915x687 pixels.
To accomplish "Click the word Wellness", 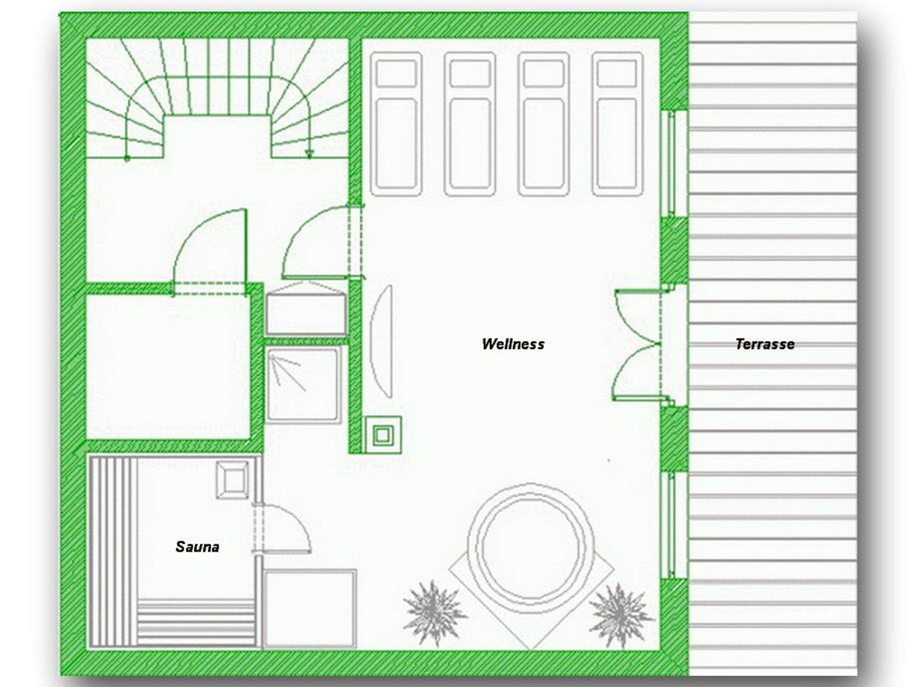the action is pos(513,344).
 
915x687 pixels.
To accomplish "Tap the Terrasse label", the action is pos(765,344).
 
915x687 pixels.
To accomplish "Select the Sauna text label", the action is pos(197,547).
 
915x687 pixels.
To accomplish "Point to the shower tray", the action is pos(304,385).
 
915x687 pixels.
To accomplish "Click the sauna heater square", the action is pos(232,480).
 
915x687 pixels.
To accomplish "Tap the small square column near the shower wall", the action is pos(383,435).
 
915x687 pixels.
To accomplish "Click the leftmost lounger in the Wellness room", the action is pos(396,124).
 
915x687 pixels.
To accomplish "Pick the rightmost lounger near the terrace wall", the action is pos(618,124).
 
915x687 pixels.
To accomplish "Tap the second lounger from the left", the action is pos(470,124).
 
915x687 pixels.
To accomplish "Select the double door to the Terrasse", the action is pos(637,344).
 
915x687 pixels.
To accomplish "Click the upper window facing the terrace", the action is pos(674,163).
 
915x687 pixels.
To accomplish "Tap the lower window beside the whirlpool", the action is pos(674,526).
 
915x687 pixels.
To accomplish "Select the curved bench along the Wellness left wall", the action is pos(382,342).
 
